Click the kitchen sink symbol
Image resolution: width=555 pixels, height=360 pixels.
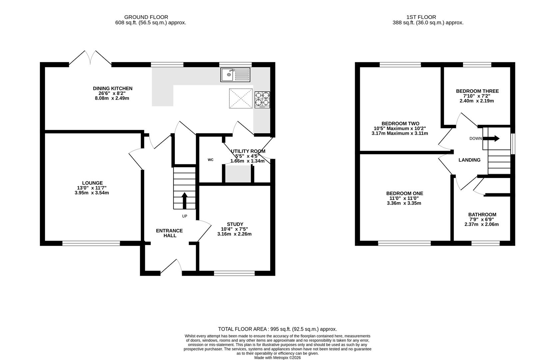(236, 75)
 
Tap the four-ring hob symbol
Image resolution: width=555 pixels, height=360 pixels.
(262, 100)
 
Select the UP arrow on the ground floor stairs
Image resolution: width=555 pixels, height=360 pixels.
(184, 201)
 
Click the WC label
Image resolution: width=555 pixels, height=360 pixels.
(210, 160)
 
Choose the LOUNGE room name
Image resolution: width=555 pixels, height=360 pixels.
(92, 183)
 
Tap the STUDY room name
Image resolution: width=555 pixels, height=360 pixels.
(235, 224)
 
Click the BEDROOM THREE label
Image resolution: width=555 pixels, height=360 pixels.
(477, 91)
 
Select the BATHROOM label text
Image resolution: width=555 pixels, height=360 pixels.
(482, 214)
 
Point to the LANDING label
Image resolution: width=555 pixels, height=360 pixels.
(469, 160)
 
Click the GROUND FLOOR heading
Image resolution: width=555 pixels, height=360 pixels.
(146, 17)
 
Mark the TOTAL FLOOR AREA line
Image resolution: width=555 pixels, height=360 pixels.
(277, 329)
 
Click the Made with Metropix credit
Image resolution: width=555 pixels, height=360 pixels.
(277, 358)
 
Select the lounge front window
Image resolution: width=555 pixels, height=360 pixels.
(91, 243)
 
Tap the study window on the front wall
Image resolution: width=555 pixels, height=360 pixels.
(235, 273)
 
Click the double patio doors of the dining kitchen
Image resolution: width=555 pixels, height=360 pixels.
(90, 58)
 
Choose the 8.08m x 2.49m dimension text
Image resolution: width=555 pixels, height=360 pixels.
(112, 98)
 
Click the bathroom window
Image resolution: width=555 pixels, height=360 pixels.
(486, 243)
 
